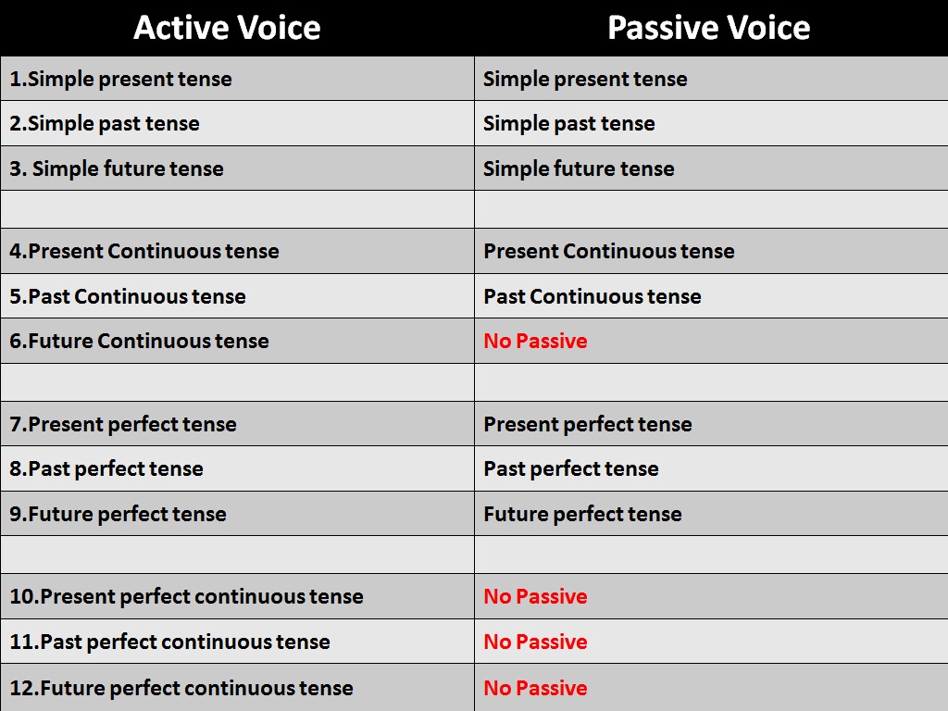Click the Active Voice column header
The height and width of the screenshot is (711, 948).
227,28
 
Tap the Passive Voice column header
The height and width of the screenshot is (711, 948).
708,28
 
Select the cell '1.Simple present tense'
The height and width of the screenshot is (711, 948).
120,79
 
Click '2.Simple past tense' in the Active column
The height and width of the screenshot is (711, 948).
105,123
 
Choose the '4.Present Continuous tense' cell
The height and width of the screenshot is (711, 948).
144,251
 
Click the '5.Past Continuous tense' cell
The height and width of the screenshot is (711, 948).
128,296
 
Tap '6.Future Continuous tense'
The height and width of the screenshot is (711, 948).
139,341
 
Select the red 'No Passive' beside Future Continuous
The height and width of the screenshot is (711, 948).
535,341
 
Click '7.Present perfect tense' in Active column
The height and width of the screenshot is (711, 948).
123,424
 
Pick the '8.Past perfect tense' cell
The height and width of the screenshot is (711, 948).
106,468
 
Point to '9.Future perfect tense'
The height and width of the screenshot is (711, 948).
118,514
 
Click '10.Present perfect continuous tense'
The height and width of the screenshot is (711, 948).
186,596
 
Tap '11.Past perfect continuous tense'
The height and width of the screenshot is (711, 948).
169,642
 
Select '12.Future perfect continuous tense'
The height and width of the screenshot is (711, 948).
181,688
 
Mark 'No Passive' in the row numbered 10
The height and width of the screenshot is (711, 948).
535,596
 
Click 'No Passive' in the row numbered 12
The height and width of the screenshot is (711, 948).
535,688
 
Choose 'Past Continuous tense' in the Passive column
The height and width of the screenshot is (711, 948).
592,296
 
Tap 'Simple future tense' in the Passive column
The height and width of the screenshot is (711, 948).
579,168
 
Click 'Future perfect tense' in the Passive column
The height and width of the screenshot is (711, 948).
582,514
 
